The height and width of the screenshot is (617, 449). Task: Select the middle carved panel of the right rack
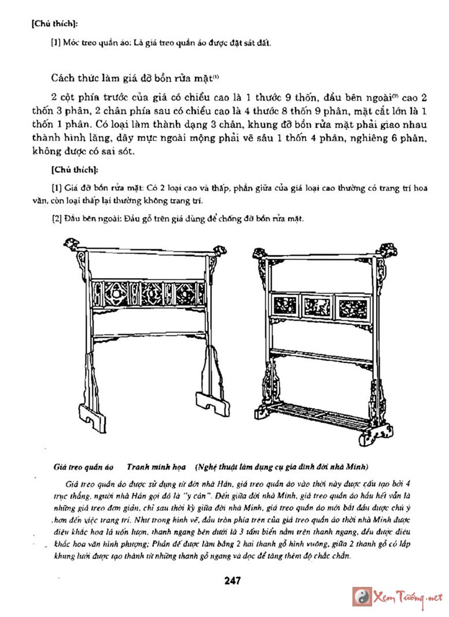tap(316, 306)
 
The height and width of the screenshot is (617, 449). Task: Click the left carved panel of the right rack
tap(285, 304)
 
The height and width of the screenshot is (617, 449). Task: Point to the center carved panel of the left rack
tap(149, 293)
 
